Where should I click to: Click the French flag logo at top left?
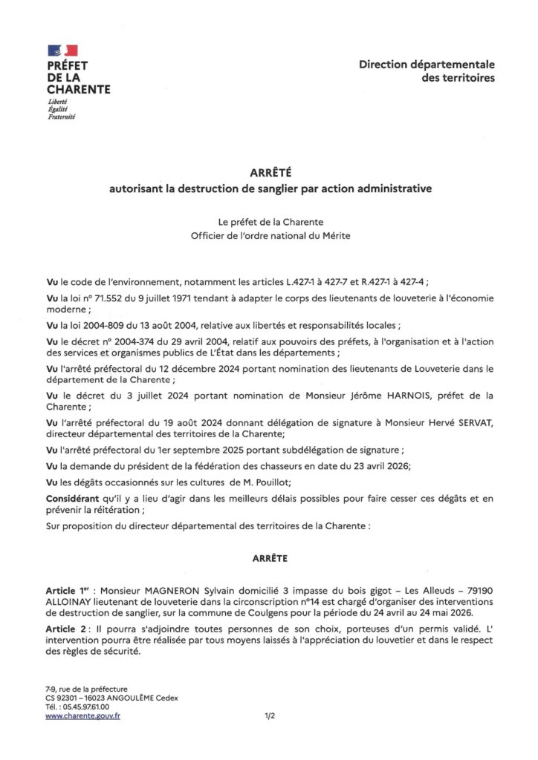click(x=62, y=50)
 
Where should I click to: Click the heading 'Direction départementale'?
click(x=427, y=65)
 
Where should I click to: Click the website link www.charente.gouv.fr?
click(x=82, y=715)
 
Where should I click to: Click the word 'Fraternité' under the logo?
click(x=62, y=117)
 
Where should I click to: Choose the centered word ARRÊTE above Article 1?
click(x=268, y=554)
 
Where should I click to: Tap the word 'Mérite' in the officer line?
click(x=331, y=235)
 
